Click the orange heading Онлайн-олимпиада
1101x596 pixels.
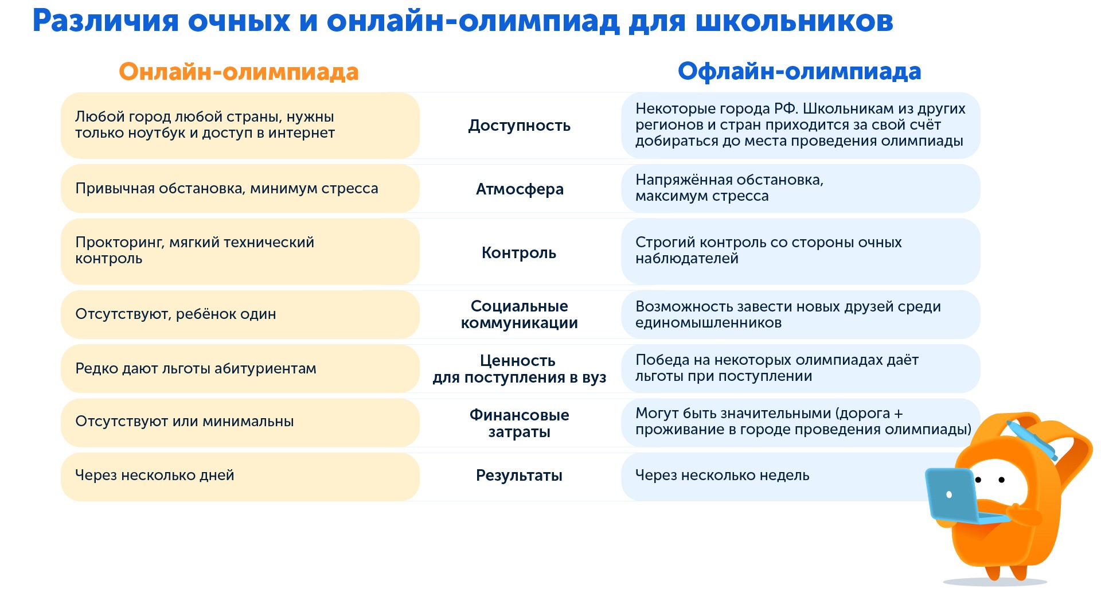[x=239, y=72]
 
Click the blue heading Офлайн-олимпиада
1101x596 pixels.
[x=799, y=72]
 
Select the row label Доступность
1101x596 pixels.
[x=519, y=126]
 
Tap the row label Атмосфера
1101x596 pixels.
[x=519, y=189]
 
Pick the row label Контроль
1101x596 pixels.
[x=518, y=253]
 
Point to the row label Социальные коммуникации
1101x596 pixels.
[x=519, y=314]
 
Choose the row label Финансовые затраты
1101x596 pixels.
[x=519, y=423]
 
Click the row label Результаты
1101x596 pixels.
[x=519, y=476]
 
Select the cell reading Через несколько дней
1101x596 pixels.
[x=155, y=476]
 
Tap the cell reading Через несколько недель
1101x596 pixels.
[x=722, y=476]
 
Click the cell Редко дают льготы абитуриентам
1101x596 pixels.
[x=196, y=369]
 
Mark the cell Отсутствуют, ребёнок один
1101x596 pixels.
[x=175, y=314]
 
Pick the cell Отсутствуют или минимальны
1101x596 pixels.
[x=184, y=422]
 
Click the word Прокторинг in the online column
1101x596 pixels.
[x=119, y=243]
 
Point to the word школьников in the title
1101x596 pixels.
[x=794, y=21]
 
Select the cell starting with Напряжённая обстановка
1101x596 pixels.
[x=729, y=188]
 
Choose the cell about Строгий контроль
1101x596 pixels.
[x=768, y=251]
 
